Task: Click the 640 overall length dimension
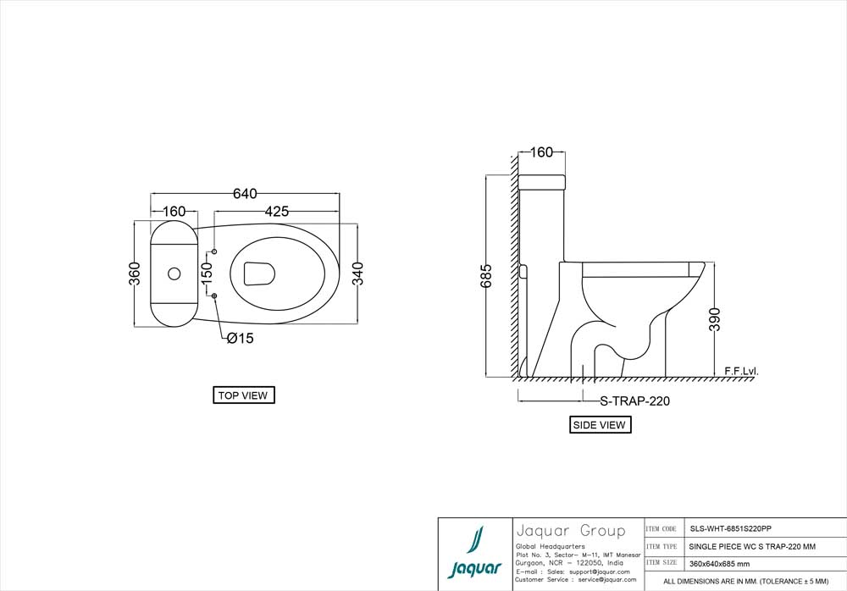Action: click(x=245, y=194)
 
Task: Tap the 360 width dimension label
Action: click(x=134, y=273)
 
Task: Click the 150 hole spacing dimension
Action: click(x=206, y=273)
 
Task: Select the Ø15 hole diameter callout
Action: click(x=240, y=339)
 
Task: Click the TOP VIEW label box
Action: click(x=243, y=395)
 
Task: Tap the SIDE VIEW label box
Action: click(x=600, y=425)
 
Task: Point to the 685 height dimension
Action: click(x=486, y=277)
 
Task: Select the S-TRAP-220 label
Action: click(x=634, y=401)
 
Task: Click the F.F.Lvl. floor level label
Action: click(x=741, y=371)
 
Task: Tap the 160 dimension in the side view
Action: click(x=541, y=153)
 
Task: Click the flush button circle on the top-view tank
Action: click(x=174, y=273)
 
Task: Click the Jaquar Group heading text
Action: click(x=570, y=531)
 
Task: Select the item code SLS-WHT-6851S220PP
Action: click(x=730, y=527)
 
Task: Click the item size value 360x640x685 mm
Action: click(x=719, y=563)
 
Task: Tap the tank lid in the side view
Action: click(x=541, y=181)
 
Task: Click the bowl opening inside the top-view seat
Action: click(x=259, y=273)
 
